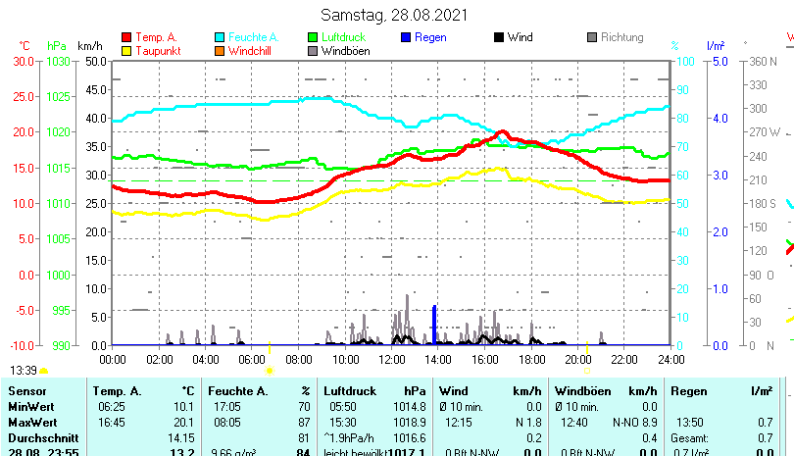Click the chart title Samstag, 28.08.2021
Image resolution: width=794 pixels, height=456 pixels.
395,15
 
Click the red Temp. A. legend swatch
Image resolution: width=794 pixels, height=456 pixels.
126,37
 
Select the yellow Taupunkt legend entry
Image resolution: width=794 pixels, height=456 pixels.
126,50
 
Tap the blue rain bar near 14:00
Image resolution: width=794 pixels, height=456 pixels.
434,326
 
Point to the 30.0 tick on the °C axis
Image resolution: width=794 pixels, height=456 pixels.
25,61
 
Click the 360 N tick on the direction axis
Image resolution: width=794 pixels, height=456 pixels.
764,61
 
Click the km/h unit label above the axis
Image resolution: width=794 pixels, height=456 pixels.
89,45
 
